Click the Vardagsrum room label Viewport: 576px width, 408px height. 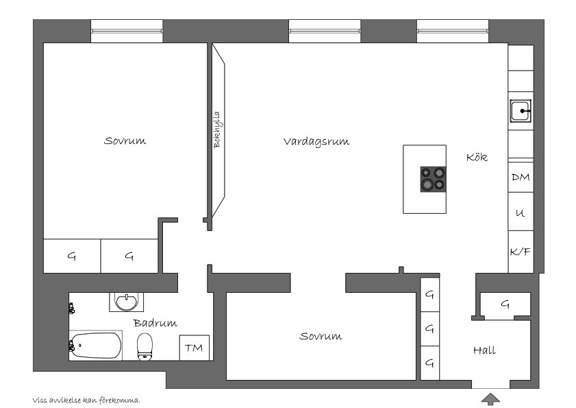[x=316, y=142]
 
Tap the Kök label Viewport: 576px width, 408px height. [x=477, y=157]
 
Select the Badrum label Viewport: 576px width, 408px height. [x=155, y=323]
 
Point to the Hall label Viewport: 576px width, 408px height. [x=484, y=350]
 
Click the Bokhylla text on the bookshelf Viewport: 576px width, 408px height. [x=217, y=130]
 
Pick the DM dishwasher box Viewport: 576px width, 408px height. [x=521, y=177]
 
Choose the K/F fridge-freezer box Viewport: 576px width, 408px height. [x=521, y=252]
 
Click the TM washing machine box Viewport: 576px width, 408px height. [x=194, y=348]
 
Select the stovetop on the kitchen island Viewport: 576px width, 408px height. [x=433, y=179]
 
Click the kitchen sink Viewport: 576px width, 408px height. [x=521, y=110]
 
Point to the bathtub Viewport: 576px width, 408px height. [x=95, y=346]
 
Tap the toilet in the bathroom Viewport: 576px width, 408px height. [x=145, y=347]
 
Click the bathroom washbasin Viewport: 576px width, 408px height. [x=127, y=302]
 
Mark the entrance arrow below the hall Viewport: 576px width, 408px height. [x=491, y=399]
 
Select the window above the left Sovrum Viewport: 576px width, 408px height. [x=127, y=32]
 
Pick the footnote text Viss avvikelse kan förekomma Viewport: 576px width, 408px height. [x=86, y=400]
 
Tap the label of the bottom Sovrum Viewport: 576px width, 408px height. [x=321, y=336]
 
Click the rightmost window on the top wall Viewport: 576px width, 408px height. [x=453, y=32]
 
